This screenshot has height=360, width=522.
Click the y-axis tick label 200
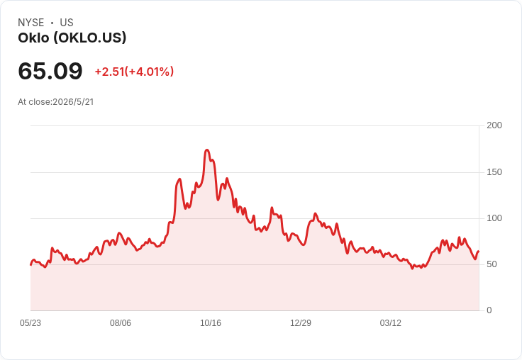pos(494,125)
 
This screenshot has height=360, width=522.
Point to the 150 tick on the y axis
pos(494,172)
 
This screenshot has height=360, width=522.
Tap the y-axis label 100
pos(494,218)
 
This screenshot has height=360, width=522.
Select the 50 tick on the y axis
pos(492,264)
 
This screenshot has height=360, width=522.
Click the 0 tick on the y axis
pos(489,310)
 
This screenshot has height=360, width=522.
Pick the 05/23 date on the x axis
pos(30,323)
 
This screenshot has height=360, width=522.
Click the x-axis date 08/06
pos(121,323)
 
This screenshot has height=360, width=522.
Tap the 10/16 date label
pos(211,323)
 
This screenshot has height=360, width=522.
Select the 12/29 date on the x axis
pos(301,323)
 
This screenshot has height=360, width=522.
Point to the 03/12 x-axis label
pos(391,323)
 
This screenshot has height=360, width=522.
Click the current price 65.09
pos(50,71)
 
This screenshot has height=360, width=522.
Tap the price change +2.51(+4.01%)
pos(134,72)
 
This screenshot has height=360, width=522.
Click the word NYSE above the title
pos(31,23)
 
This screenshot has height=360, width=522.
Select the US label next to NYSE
pos(67,23)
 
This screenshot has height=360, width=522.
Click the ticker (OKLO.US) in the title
pos(90,38)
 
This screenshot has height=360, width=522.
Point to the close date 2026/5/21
pos(73,102)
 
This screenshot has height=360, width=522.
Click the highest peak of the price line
pos(207,150)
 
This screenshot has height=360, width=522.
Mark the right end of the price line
pos(479,251)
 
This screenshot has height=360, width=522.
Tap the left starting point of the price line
pos(30,265)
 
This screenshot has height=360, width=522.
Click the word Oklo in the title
pos(33,38)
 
